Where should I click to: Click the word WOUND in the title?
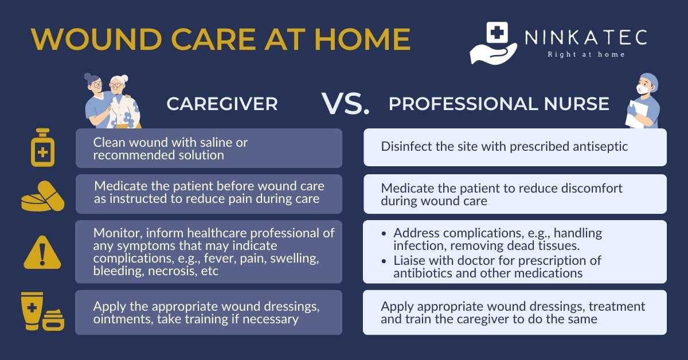coord(96,39)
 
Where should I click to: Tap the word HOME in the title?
coord(362,39)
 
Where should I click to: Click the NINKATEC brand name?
coord(586,37)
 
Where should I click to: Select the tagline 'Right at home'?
coord(586,54)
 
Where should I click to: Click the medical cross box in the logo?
coord(497,33)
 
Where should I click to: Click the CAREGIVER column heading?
coord(222,104)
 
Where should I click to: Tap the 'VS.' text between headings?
coord(345,103)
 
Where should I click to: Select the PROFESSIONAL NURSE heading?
coord(499,104)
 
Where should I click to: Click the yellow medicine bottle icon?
coord(42,147)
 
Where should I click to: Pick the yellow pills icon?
coord(42,196)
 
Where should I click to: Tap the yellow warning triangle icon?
coord(42,253)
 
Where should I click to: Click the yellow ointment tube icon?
coord(32,311)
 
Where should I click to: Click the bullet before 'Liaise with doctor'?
coord(384,261)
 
